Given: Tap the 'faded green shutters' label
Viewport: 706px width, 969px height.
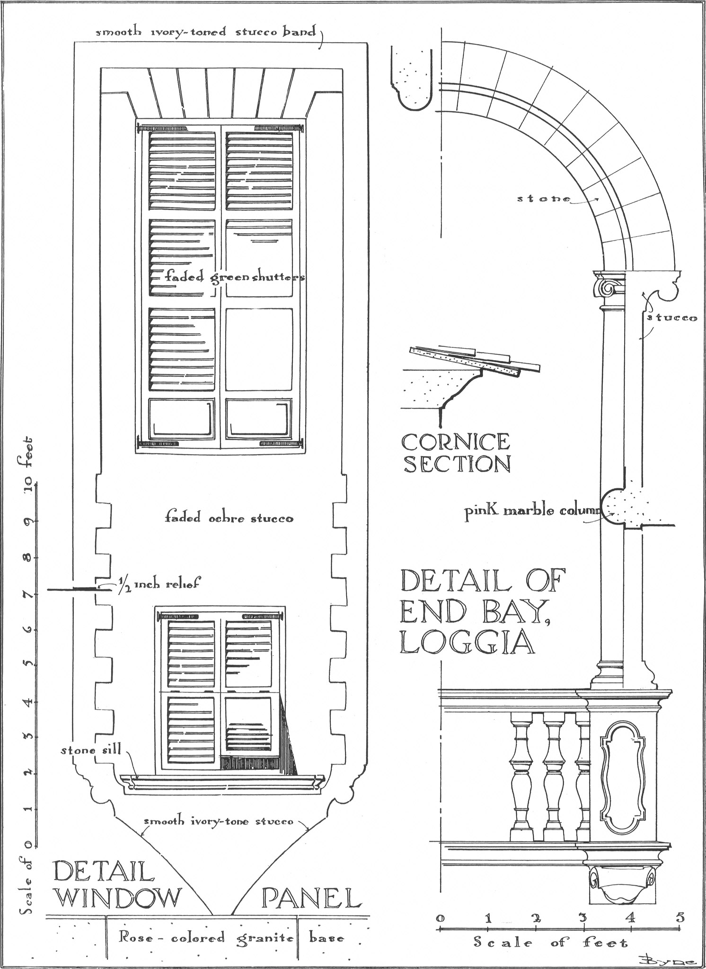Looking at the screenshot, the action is (x=234, y=277).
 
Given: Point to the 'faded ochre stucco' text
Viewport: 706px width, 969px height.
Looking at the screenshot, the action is (x=229, y=518).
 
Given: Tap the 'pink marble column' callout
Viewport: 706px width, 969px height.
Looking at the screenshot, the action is (x=532, y=512).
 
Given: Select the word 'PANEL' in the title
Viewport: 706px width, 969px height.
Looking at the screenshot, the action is (x=310, y=898).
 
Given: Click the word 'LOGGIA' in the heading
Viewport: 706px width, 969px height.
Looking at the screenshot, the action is (x=467, y=643).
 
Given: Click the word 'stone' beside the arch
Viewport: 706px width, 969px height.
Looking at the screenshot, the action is (x=544, y=199).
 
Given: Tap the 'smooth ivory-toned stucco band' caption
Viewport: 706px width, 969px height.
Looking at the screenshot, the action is (x=206, y=32).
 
